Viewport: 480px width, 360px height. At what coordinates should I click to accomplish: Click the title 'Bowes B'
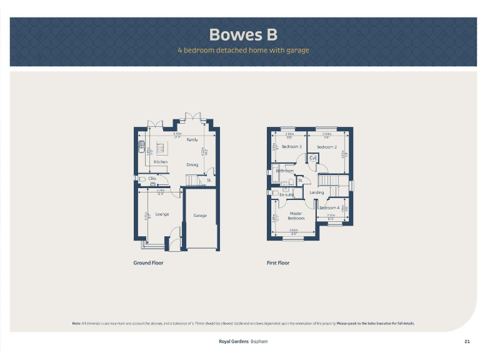tap(243, 34)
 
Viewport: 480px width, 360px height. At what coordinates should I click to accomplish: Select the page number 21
tap(467, 341)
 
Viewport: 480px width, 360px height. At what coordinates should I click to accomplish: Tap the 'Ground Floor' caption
tap(148, 263)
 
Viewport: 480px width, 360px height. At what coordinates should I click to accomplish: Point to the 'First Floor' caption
tap(278, 263)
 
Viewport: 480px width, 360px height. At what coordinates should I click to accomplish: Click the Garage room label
tap(200, 216)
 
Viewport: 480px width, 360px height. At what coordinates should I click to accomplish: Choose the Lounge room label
tap(162, 214)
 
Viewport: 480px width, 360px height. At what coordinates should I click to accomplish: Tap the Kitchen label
tap(161, 162)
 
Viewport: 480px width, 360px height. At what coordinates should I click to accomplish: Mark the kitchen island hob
tap(160, 148)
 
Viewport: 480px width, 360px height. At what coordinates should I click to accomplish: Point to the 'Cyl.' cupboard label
tap(313, 159)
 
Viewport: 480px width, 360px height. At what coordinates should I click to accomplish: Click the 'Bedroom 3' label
tap(291, 147)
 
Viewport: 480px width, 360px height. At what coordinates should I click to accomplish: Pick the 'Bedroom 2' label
tap(326, 147)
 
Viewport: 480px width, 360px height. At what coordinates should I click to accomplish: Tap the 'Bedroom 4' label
tap(329, 207)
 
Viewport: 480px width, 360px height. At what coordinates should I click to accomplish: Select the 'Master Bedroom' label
tap(296, 216)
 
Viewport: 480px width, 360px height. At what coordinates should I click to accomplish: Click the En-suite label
tap(286, 195)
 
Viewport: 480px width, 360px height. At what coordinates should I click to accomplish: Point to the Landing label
tap(317, 192)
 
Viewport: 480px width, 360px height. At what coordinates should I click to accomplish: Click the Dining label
tap(192, 165)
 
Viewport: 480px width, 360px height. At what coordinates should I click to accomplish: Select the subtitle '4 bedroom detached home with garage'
tap(243, 50)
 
